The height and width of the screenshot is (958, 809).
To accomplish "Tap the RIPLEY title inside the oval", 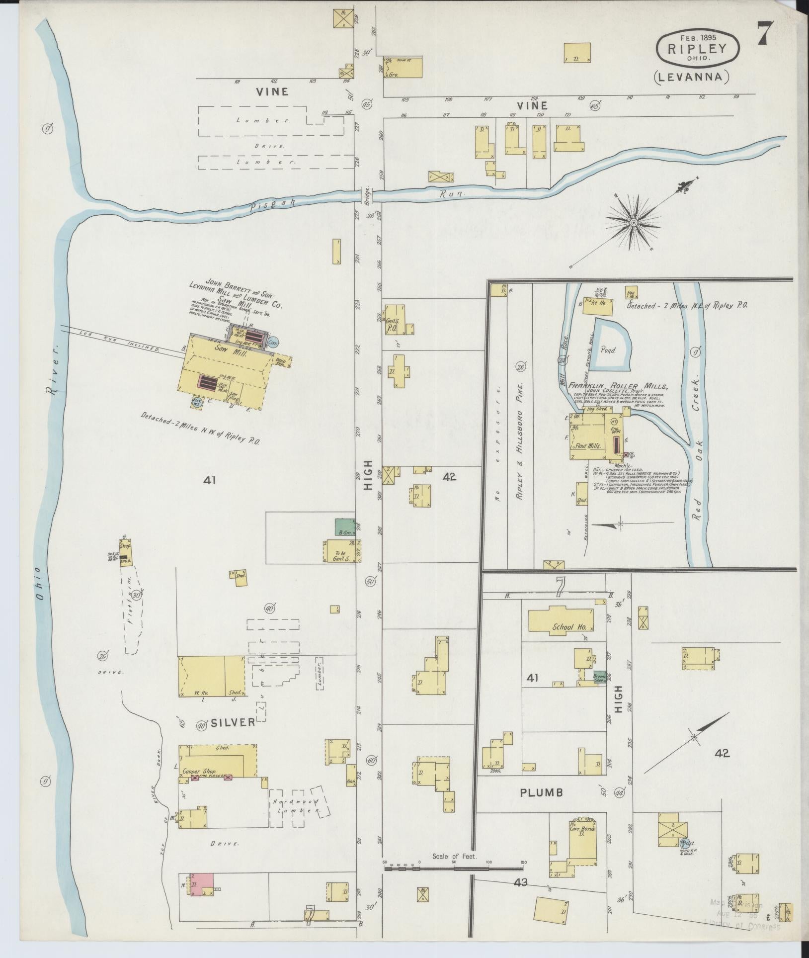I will pos(698,48).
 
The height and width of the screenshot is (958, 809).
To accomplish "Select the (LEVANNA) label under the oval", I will pos(691,77).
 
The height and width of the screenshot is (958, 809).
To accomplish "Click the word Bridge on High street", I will pos(368,192).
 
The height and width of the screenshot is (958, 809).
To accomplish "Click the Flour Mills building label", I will pos(588,446).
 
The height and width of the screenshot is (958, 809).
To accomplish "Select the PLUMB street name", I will pos(541,792).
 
